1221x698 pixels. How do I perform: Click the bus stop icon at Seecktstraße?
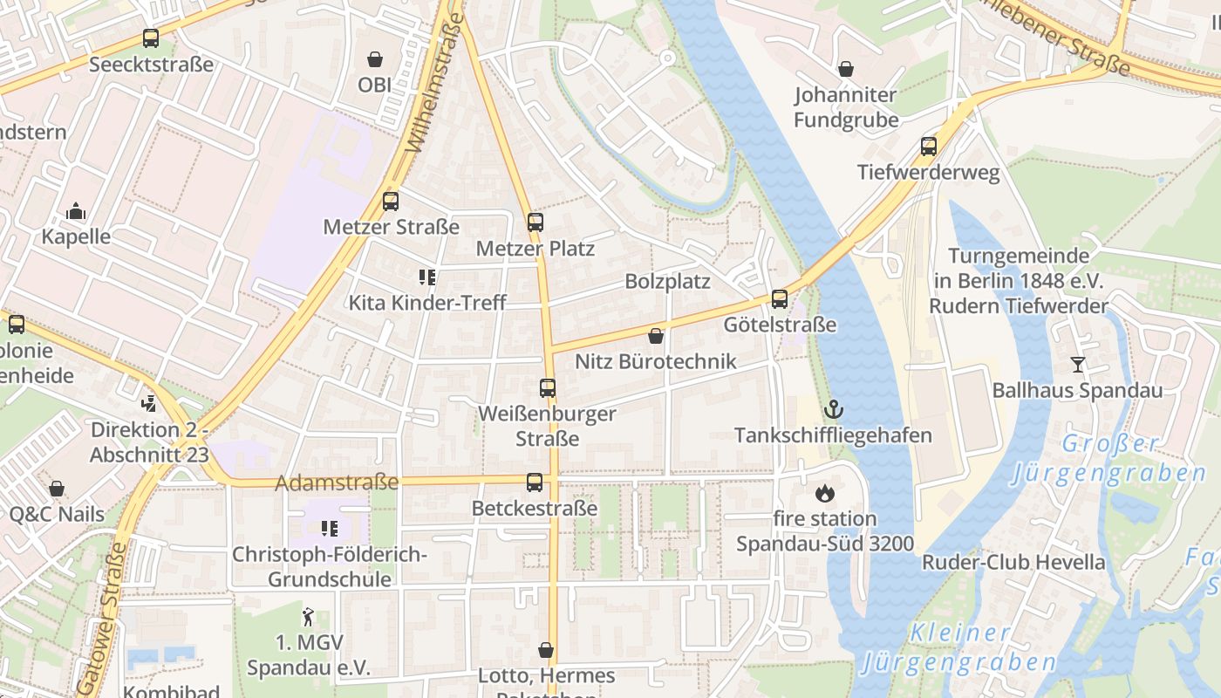click(151, 38)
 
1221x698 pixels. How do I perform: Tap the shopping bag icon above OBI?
click(375, 59)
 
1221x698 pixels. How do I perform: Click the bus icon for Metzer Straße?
click(391, 202)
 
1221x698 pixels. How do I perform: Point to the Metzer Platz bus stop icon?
click(535, 222)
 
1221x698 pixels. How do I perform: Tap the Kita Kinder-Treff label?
click(427, 303)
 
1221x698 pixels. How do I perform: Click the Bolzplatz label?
click(667, 282)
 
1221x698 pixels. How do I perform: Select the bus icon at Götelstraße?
click(780, 299)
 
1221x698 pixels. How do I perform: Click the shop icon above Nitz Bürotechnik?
click(656, 336)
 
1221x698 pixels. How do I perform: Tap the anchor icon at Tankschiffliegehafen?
click(834, 409)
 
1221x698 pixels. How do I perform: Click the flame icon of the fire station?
click(824, 493)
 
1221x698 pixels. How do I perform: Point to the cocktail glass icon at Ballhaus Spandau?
click(1078, 365)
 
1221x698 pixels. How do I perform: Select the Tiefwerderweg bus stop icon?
click(929, 147)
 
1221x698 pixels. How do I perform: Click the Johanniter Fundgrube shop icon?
click(845, 68)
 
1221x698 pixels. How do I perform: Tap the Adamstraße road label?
click(337, 482)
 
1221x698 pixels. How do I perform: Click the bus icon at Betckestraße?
click(535, 482)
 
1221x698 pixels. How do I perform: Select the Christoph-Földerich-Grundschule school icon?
click(329, 528)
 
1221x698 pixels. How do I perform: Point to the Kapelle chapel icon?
click(76, 211)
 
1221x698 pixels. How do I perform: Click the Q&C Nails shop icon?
click(57, 489)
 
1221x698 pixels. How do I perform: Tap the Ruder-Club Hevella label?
click(1013, 562)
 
